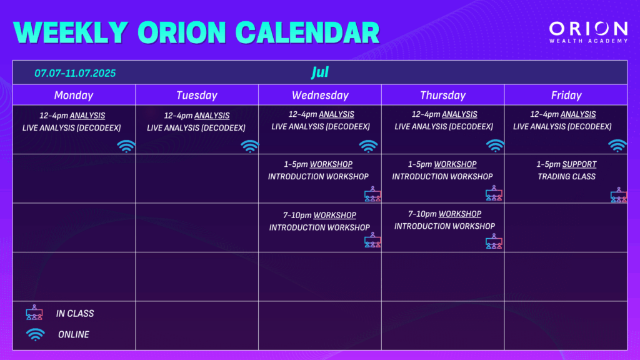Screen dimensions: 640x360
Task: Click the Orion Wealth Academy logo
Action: (588, 32)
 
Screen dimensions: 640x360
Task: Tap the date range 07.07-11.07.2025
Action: (75, 73)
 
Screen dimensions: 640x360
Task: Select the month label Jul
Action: (320, 72)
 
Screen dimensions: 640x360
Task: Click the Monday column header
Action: (74, 95)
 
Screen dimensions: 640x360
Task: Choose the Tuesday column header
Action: (197, 95)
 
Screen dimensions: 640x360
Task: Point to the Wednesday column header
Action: (321, 95)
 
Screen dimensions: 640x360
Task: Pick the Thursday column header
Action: (443, 95)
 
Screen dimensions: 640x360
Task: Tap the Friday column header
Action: (566, 95)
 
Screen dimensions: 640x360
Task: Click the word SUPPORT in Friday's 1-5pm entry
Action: (579, 164)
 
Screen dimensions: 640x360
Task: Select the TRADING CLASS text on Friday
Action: (566, 176)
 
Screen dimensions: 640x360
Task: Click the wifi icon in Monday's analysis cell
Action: (126, 146)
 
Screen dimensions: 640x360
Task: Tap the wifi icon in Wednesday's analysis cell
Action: (368, 146)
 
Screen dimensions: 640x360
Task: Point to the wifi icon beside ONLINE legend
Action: (36, 334)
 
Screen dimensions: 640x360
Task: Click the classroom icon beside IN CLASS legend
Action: (34, 312)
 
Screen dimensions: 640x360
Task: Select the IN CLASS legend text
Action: (75, 314)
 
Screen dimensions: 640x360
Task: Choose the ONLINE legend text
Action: (74, 334)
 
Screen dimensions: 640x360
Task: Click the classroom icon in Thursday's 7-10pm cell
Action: (494, 241)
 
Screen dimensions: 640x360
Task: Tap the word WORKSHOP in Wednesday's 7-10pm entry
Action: (335, 215)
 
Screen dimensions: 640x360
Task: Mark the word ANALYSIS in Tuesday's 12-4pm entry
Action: (212, 116)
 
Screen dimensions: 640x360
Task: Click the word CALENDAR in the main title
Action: (307, 32)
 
